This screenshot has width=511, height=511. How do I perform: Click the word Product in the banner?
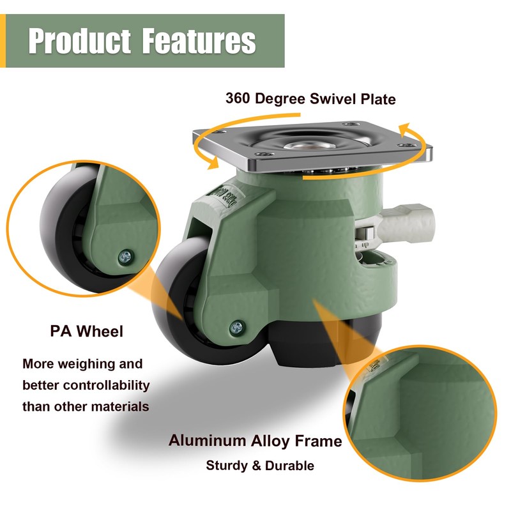tap(78, 41)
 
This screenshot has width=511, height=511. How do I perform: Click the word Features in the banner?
tap(199, 41)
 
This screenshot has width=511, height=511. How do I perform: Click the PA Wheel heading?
tap(86, 332)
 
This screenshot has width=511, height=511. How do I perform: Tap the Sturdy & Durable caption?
tap(260, 466)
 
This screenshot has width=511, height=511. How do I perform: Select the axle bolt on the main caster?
tap(236, 328)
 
